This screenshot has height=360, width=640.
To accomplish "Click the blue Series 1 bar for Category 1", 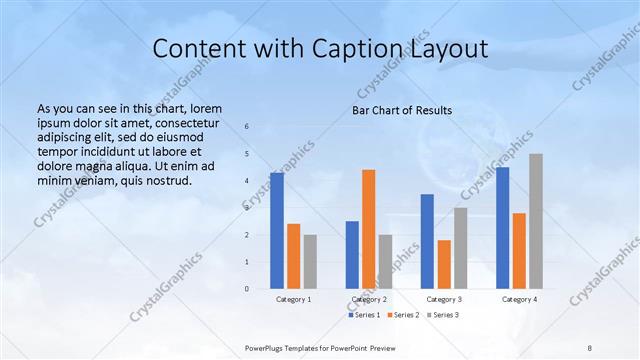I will (x=277, y=230).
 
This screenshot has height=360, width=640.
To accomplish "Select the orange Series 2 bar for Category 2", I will (x=368, y=229).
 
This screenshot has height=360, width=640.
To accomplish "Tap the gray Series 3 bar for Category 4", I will (x=536, y=221).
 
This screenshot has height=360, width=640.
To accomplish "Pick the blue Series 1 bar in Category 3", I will (x=427, y=241).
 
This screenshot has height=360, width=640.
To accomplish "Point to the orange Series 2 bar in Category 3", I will (x=444, y=264).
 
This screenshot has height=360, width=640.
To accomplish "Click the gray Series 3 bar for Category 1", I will (x=310, y=261).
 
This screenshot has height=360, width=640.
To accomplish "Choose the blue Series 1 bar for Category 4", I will (x=502, y=227).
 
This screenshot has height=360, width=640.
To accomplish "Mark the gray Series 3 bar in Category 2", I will (x=385, y=261).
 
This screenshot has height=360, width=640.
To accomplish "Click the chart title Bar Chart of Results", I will (x=402, y=110).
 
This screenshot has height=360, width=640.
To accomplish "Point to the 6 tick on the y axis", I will (x=247, y=127).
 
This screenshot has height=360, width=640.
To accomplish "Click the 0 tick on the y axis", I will (x=247, y=288).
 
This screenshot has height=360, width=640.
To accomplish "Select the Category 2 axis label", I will (x=369, y=299).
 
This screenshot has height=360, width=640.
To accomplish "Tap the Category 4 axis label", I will (x=519, y=299).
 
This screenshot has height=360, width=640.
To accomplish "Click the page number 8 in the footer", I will (x=590, y=347).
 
